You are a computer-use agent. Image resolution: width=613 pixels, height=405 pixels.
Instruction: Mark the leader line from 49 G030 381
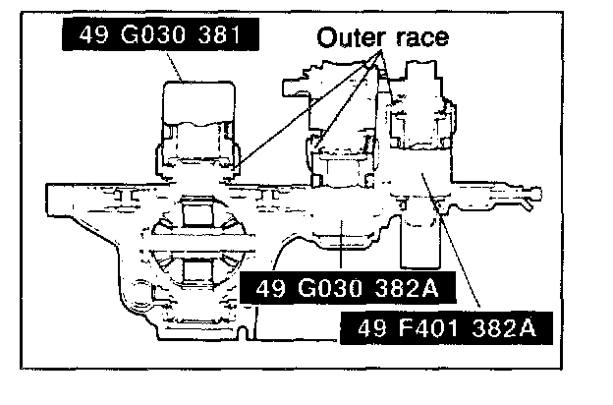pos(177,67)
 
